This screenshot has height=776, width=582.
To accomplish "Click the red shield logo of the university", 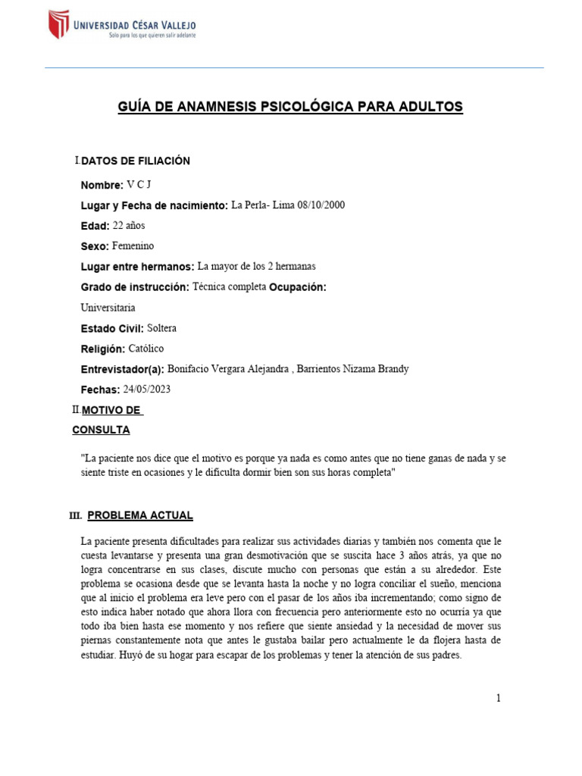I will click(59, 24).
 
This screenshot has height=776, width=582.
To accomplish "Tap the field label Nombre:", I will click(102, 186).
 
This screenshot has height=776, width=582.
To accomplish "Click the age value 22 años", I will click(128, 226).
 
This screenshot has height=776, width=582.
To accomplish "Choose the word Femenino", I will click(133, 246).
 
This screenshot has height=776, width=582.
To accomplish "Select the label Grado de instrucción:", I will click(135, 288).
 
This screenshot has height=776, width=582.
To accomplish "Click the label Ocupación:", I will click(298, 288).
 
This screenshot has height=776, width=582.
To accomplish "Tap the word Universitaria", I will click(108, 308).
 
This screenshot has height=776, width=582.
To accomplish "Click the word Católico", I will click(146, 349).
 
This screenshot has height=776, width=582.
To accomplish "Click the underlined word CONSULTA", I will click(101, 430).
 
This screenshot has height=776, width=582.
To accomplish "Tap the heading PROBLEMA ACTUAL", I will click(140, 515).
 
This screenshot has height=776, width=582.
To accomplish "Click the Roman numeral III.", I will click(75, 516).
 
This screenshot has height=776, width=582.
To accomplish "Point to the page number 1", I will click(499, 698).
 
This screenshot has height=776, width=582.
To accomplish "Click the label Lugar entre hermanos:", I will click(137, 267).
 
